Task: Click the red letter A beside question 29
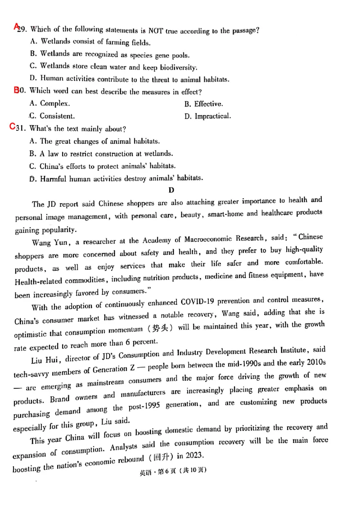click(x=16, y=27)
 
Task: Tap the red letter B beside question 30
click(x=17, y=90)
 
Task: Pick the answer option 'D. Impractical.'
click(x=207, y=116)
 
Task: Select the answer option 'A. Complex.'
click(x=49, y=104)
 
